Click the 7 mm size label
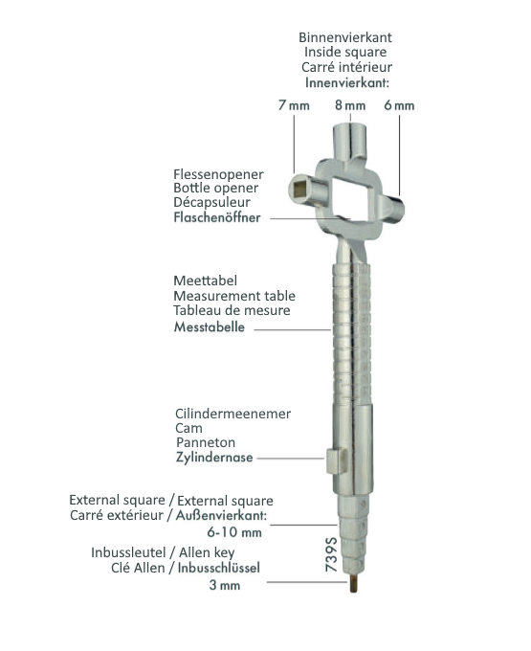[294, 105]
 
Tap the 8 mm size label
[350, 105]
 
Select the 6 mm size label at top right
[399, 105]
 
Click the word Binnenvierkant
[345, 37]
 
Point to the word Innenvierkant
[346, 82]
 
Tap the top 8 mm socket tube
[350, 141]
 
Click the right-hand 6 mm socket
[392, 209]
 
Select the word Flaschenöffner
[217, 217]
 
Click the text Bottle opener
[215, 188]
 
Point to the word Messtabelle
[210, 326]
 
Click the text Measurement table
[234, 296]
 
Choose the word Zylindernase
[214, 457]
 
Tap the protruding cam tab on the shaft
[336, 460]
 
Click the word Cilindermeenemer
[232, 414]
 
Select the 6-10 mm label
[234, 532]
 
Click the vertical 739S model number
[331, 554]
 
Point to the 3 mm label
[225, 585]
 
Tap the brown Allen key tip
[353, 583]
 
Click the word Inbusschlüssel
[219, 568]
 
